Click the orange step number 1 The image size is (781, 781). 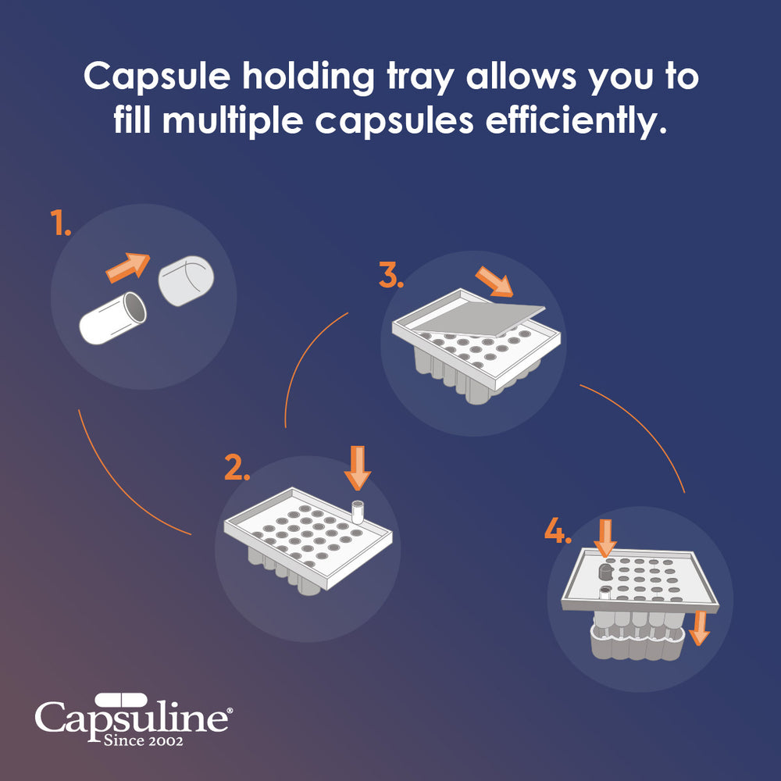point(61,223)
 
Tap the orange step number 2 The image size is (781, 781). point(237,467)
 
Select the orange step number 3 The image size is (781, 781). point(391,276)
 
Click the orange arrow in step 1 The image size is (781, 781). point(127,266)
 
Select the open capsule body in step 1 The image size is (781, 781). point(113,318)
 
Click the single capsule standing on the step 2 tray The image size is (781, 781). point(358,512)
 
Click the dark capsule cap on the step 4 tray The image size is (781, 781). point(604,572)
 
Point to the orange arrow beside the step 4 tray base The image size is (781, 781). point(699,627)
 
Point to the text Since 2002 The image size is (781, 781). point(144,740)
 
